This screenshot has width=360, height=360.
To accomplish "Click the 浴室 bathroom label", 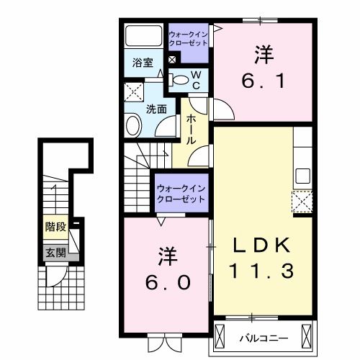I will tap(142, 63).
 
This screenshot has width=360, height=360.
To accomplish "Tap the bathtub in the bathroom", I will tap(145, 36).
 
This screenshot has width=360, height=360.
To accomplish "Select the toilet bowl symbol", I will tap(181, 79).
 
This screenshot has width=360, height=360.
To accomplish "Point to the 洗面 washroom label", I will tap(157, 109).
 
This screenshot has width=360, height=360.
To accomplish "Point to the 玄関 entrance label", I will tap(55, 253).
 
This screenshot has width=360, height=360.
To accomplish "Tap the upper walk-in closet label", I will tap(189, 38).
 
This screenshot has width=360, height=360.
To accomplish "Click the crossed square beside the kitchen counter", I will tap(301, 201).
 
